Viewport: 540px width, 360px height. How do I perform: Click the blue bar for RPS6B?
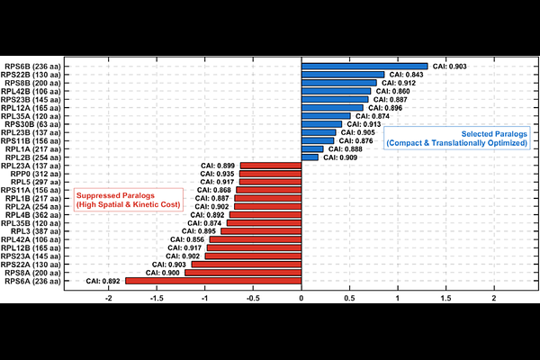point(364,67)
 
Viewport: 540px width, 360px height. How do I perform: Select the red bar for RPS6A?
point(213,281)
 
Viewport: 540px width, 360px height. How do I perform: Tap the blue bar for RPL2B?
point(310,157)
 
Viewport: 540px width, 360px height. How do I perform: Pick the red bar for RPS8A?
point(243,273)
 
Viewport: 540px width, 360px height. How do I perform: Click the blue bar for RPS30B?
point(321,124)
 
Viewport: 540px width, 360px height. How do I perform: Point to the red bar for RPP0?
point(271,174)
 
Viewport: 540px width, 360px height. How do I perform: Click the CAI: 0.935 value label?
point(217,174)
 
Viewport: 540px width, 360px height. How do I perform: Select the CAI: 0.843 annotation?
point(407,75)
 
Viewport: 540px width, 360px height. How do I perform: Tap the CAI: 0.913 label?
point(364,124)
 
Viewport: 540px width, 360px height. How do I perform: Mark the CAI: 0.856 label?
point(187,239)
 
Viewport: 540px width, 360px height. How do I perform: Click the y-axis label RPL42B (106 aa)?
point(31,91)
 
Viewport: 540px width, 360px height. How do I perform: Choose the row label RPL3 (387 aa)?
point(36,231)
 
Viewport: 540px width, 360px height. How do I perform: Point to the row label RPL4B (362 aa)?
point(33,215)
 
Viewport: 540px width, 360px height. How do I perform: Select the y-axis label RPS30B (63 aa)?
point(32,124)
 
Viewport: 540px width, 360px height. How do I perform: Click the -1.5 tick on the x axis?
point(157,298)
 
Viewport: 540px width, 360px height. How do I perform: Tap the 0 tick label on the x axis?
point(301,298)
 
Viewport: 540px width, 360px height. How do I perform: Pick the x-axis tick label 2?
point(494,298)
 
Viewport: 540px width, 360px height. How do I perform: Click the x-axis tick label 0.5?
point(349,298)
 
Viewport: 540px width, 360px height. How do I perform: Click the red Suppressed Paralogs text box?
point(128,200)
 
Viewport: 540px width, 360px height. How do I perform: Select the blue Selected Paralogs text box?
point(457,138)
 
